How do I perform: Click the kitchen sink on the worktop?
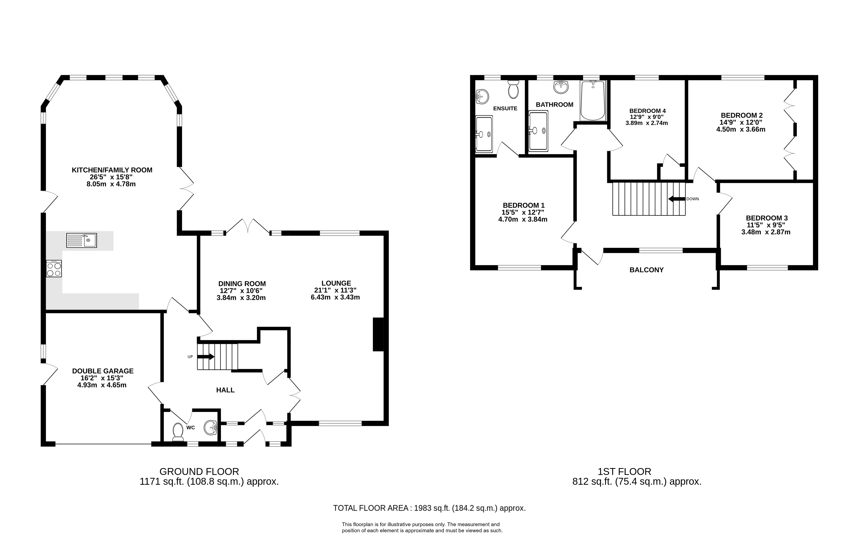point(82,240)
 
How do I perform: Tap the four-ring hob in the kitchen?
point(54,268)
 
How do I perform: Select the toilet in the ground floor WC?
point(178,432)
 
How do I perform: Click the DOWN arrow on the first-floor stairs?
point(677,199)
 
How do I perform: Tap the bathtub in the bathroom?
point(593,101)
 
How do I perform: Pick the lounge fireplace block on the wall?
point(378,334)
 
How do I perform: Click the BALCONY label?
point(646,270)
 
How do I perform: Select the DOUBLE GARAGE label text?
point(103,371)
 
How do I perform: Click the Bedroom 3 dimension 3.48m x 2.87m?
point(766,232)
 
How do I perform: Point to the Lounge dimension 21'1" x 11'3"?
point(335,290)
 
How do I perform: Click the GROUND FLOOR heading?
point(199,471)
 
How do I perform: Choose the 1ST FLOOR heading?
point(624,471)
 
